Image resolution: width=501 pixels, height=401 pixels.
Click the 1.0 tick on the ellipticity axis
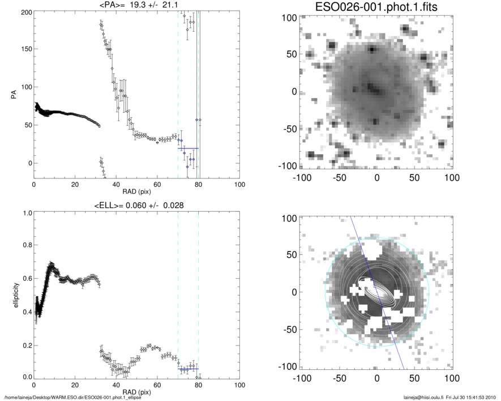pyautogui.click(x=25, y=214)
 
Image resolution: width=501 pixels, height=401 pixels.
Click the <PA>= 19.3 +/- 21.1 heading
pyautogui.click(x=136, y=5)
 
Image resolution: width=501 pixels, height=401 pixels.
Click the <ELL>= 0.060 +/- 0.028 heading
pyautogui.click(x=136, y=206)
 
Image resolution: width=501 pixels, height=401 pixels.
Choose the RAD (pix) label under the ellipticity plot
pyautogui.click(x=136, y=392)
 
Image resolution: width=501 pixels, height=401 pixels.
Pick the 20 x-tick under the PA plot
pyautogui.click(x=75, y=185)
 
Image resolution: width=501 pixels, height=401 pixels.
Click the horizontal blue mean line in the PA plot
pyautogui.click(x=188, y=148)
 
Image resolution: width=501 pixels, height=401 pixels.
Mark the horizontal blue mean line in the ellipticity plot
pyautogui.click(x=188, y=369)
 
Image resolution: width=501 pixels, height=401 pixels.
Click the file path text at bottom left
pyautogui.click(x=72, y=398)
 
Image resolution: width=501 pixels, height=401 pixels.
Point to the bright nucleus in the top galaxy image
pyautogui.click(x=372, y=88)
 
